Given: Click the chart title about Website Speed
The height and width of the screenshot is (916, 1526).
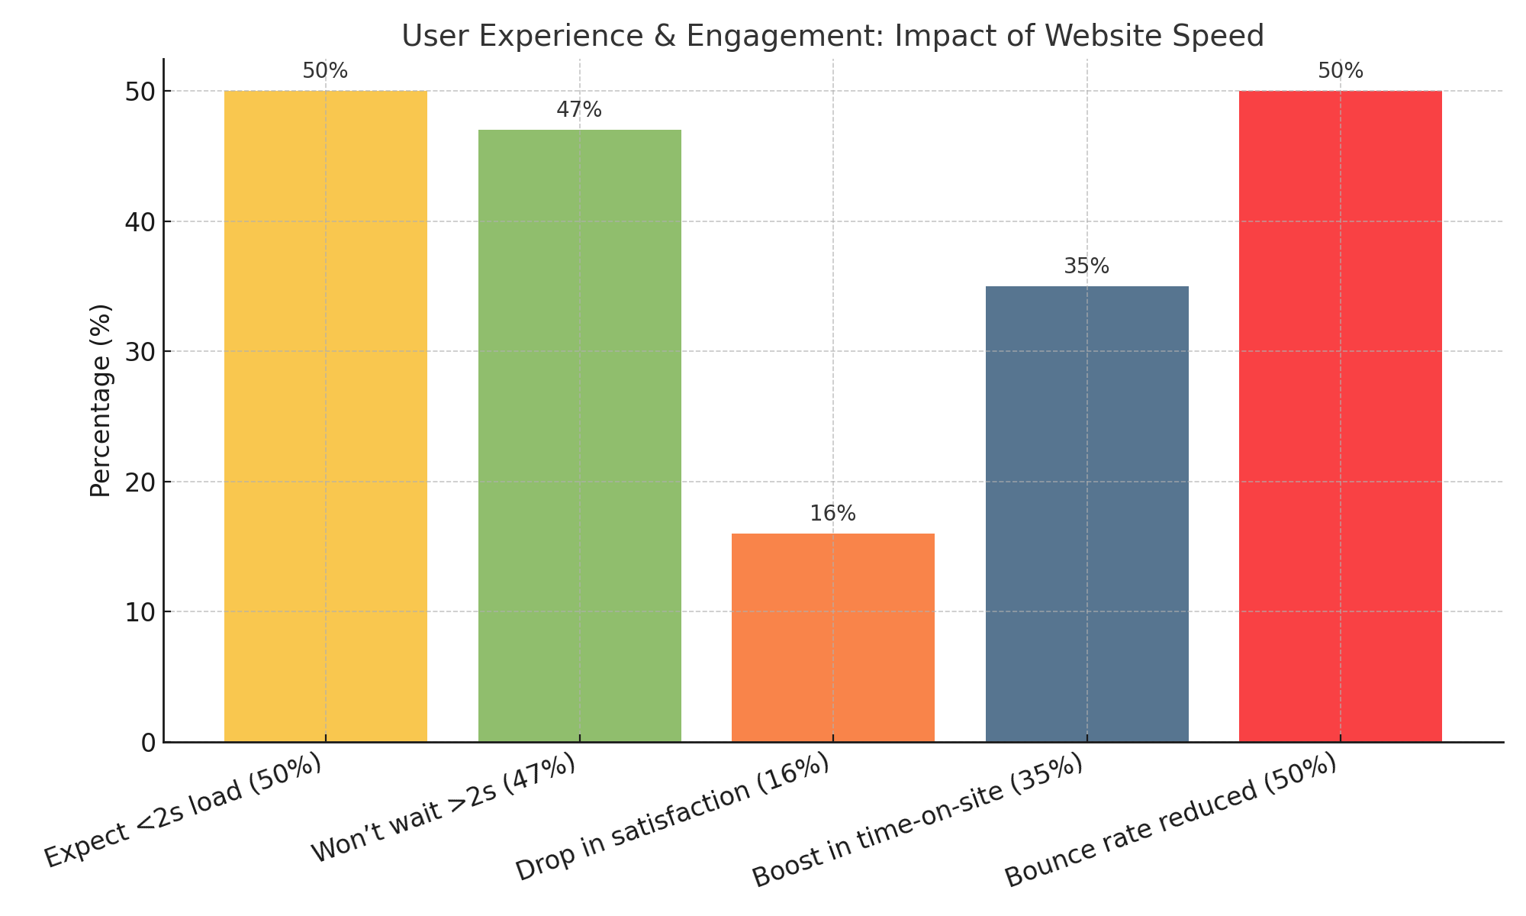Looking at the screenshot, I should [832, 36].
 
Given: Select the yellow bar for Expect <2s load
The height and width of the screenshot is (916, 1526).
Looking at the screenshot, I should [325, 416].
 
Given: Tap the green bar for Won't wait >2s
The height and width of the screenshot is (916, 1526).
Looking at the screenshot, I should [579, 435].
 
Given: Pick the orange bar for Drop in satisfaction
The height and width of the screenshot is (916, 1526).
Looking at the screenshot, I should [832, 637].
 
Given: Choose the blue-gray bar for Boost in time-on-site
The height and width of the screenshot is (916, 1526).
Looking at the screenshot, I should [1087, 514].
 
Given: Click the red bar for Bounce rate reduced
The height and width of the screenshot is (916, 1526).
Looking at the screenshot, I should [1340, 416].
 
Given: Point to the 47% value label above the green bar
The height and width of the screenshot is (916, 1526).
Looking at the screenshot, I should [579, 110].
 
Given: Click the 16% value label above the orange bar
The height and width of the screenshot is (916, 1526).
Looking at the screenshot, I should [832, 514].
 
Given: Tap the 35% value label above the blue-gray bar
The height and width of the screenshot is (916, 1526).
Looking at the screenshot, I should [1087, 266].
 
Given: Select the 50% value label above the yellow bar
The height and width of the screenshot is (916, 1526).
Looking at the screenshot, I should [325, 71].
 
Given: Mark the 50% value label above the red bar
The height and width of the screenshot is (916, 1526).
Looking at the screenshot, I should [1340, 71].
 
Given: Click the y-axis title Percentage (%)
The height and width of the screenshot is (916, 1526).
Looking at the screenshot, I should [101, 400].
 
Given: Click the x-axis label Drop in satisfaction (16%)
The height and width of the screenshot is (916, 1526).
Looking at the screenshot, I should [672, 818].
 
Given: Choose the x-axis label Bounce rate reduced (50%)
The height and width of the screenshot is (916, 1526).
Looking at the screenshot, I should [1171, 821].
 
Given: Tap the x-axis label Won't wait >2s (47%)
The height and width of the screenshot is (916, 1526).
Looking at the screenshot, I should [443, 809].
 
